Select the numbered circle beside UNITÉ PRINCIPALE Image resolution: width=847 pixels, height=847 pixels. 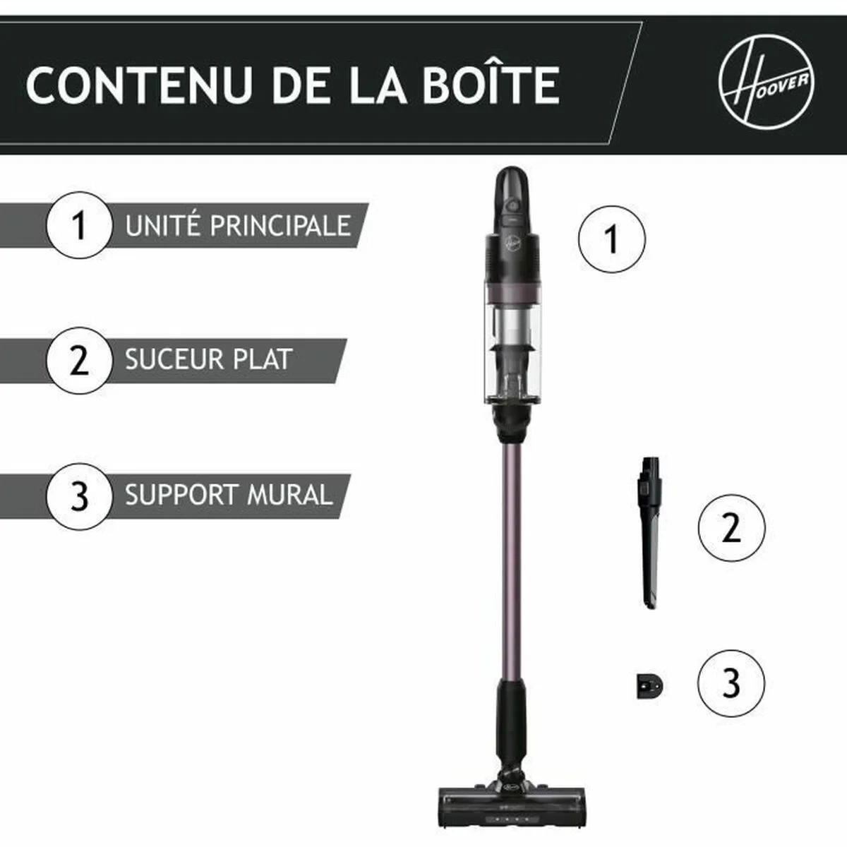(x=79, y=226)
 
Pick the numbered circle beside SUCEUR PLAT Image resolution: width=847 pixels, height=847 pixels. (x=79, y=360)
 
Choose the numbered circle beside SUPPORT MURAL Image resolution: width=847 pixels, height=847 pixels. (x=79, y=495)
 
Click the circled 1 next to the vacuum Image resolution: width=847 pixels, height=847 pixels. (x=611, y=239)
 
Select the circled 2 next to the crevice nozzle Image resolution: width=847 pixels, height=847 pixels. (x=731, y=527)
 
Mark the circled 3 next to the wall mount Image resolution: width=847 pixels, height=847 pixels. (x=731, y=683)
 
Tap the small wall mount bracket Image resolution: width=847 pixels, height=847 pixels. (x=649, y=685)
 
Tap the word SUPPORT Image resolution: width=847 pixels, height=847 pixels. (x=181, y=495)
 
